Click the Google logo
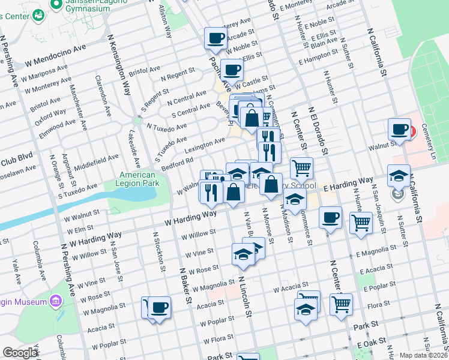click(x=20, y=353)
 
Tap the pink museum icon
click(x=56, y=299)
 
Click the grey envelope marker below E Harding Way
click(x=397, y=194)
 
